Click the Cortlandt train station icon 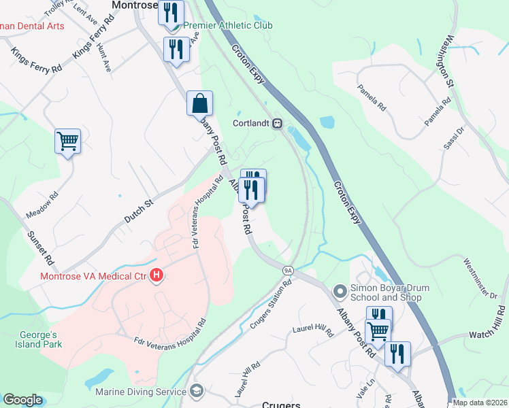pyautogui.click(x=278, y=124)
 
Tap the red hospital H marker pyautogui.click(x=157, y=276)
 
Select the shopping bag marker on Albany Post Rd pyautogui.click(x=199, y=105)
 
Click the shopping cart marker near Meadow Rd pyautogui.click(x=67, y=141)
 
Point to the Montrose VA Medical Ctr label pyautogui.click(x=93, y=276)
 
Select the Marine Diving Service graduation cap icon pyautogui.click(x=197, y=391)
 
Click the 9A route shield pyautogui.click(x=288, y=270)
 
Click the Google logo pyautogui.click(x=22, y=400)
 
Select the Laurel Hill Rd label pyautogui.click(x=312, y=331)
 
